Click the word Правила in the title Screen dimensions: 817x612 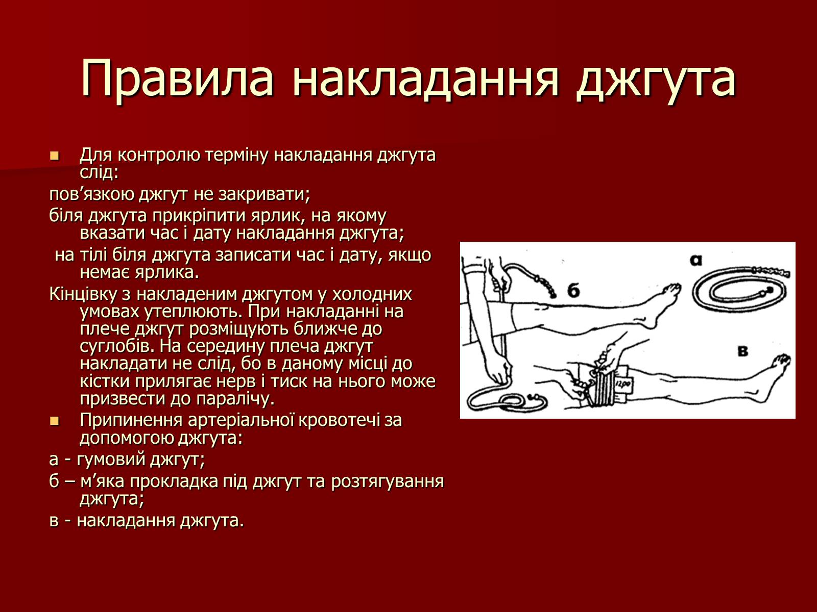(177, 79)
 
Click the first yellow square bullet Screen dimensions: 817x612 (54, 156)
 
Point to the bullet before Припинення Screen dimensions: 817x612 (54, 421)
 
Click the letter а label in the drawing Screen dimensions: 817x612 (695, 261)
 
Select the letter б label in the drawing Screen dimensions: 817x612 (573, 290)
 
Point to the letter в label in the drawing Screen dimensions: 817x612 (743, 351)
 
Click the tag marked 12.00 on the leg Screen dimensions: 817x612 (622, 384)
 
